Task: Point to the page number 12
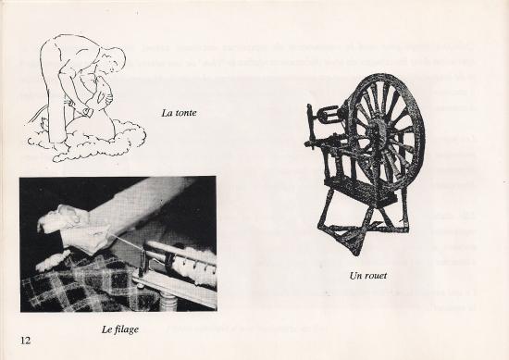(25, 341)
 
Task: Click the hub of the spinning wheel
(379, 130)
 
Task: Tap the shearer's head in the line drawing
(114, 58)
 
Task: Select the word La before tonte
(166, 113)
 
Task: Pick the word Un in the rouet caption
(354, 276)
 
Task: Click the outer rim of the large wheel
(419, 130)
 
